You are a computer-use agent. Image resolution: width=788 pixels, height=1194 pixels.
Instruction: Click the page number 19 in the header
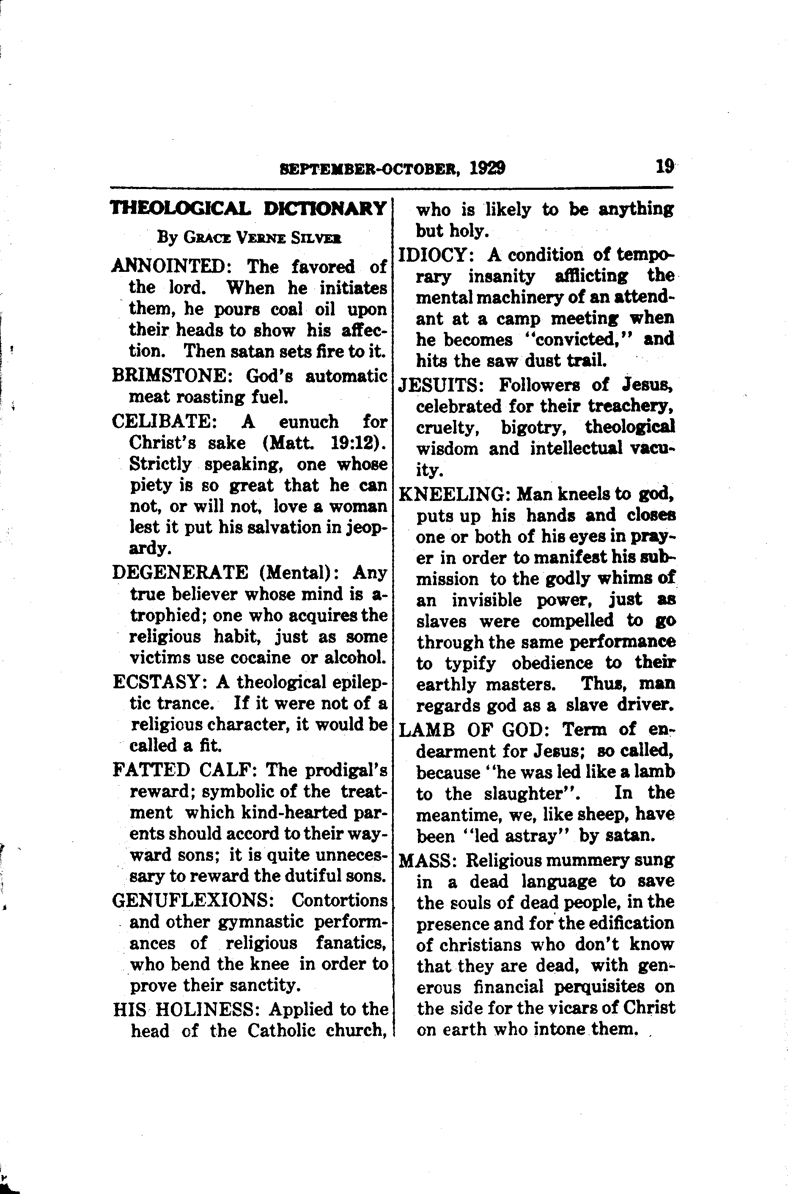[x=664, y=166]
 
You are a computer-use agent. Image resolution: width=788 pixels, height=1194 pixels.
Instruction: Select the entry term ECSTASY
[x=157, y=682]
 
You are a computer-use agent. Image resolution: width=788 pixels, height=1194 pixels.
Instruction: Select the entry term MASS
[x=427, y=860]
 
